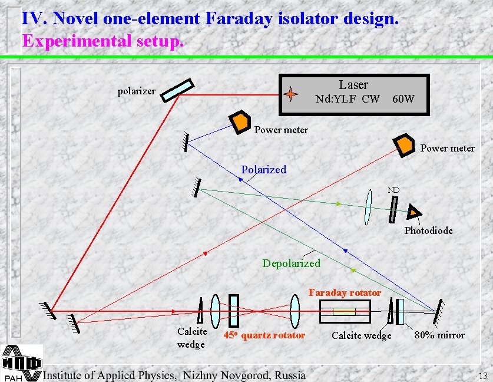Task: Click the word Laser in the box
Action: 353,85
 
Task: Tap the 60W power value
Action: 403,99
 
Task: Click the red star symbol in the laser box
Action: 292,94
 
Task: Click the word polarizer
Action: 137,91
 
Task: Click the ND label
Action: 393,190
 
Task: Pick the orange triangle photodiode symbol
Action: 415,211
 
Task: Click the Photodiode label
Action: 428,230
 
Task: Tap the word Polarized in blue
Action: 263,170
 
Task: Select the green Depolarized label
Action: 291,263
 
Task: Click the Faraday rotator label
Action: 345,292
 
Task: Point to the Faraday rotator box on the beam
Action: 345,311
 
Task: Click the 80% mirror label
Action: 439,335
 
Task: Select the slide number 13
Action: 483,376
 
